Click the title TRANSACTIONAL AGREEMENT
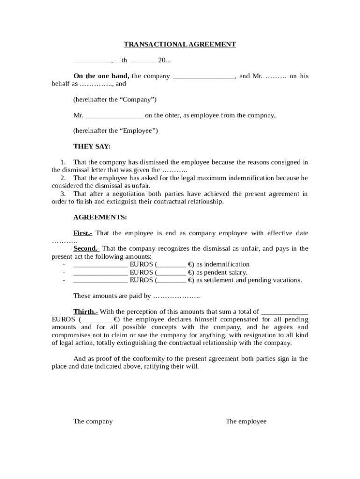[180, 44]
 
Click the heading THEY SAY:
[92, 146]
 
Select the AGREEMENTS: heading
[100, 218]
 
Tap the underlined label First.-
[83, 233]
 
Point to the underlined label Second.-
[86, 248]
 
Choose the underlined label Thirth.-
[86, 312]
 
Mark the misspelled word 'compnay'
[263, 116]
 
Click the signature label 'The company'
[93, 421]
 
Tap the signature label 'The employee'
[246, 421]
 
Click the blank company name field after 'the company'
[204, 76]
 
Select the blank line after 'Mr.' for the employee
[114, 116]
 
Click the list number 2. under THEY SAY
[63, 178]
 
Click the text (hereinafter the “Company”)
[115, 100]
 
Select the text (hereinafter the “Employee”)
[115, 131]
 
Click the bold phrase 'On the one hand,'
[101, 76]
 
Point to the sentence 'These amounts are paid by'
[112, 296]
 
